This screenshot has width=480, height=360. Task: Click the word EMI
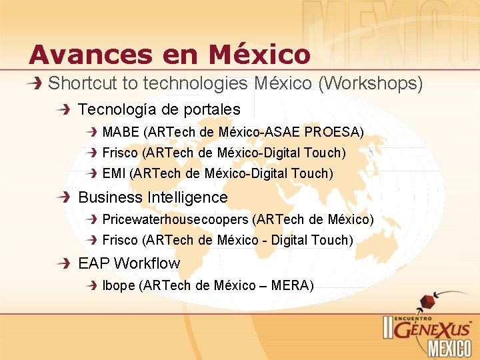tap(114, 173)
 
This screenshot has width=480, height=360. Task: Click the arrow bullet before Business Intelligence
tap(63, 197)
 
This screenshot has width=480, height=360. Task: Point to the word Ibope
tap(118, 285)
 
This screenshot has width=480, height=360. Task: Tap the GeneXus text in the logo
tap(433, 328)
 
